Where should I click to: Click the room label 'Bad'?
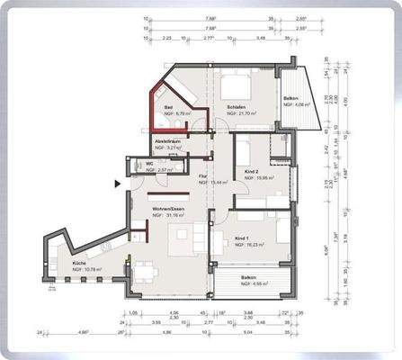(x=168, y=108)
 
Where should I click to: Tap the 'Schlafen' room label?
(x=237, y=108)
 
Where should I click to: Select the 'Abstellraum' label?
(x=168, y=140)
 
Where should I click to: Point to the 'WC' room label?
(x=149, y=163)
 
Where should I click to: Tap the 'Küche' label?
(x=79, y=263)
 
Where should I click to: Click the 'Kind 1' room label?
(x=240, y=238)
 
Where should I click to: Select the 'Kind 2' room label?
(x=253, y=171)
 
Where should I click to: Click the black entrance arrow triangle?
(x=117, y=184)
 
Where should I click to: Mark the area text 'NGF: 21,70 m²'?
(x=242, y=115)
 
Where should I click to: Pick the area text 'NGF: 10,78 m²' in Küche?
(x=87, y=269)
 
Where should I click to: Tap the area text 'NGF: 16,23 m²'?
(x=246, y=244)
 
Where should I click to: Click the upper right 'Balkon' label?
(x=290, y=98)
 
